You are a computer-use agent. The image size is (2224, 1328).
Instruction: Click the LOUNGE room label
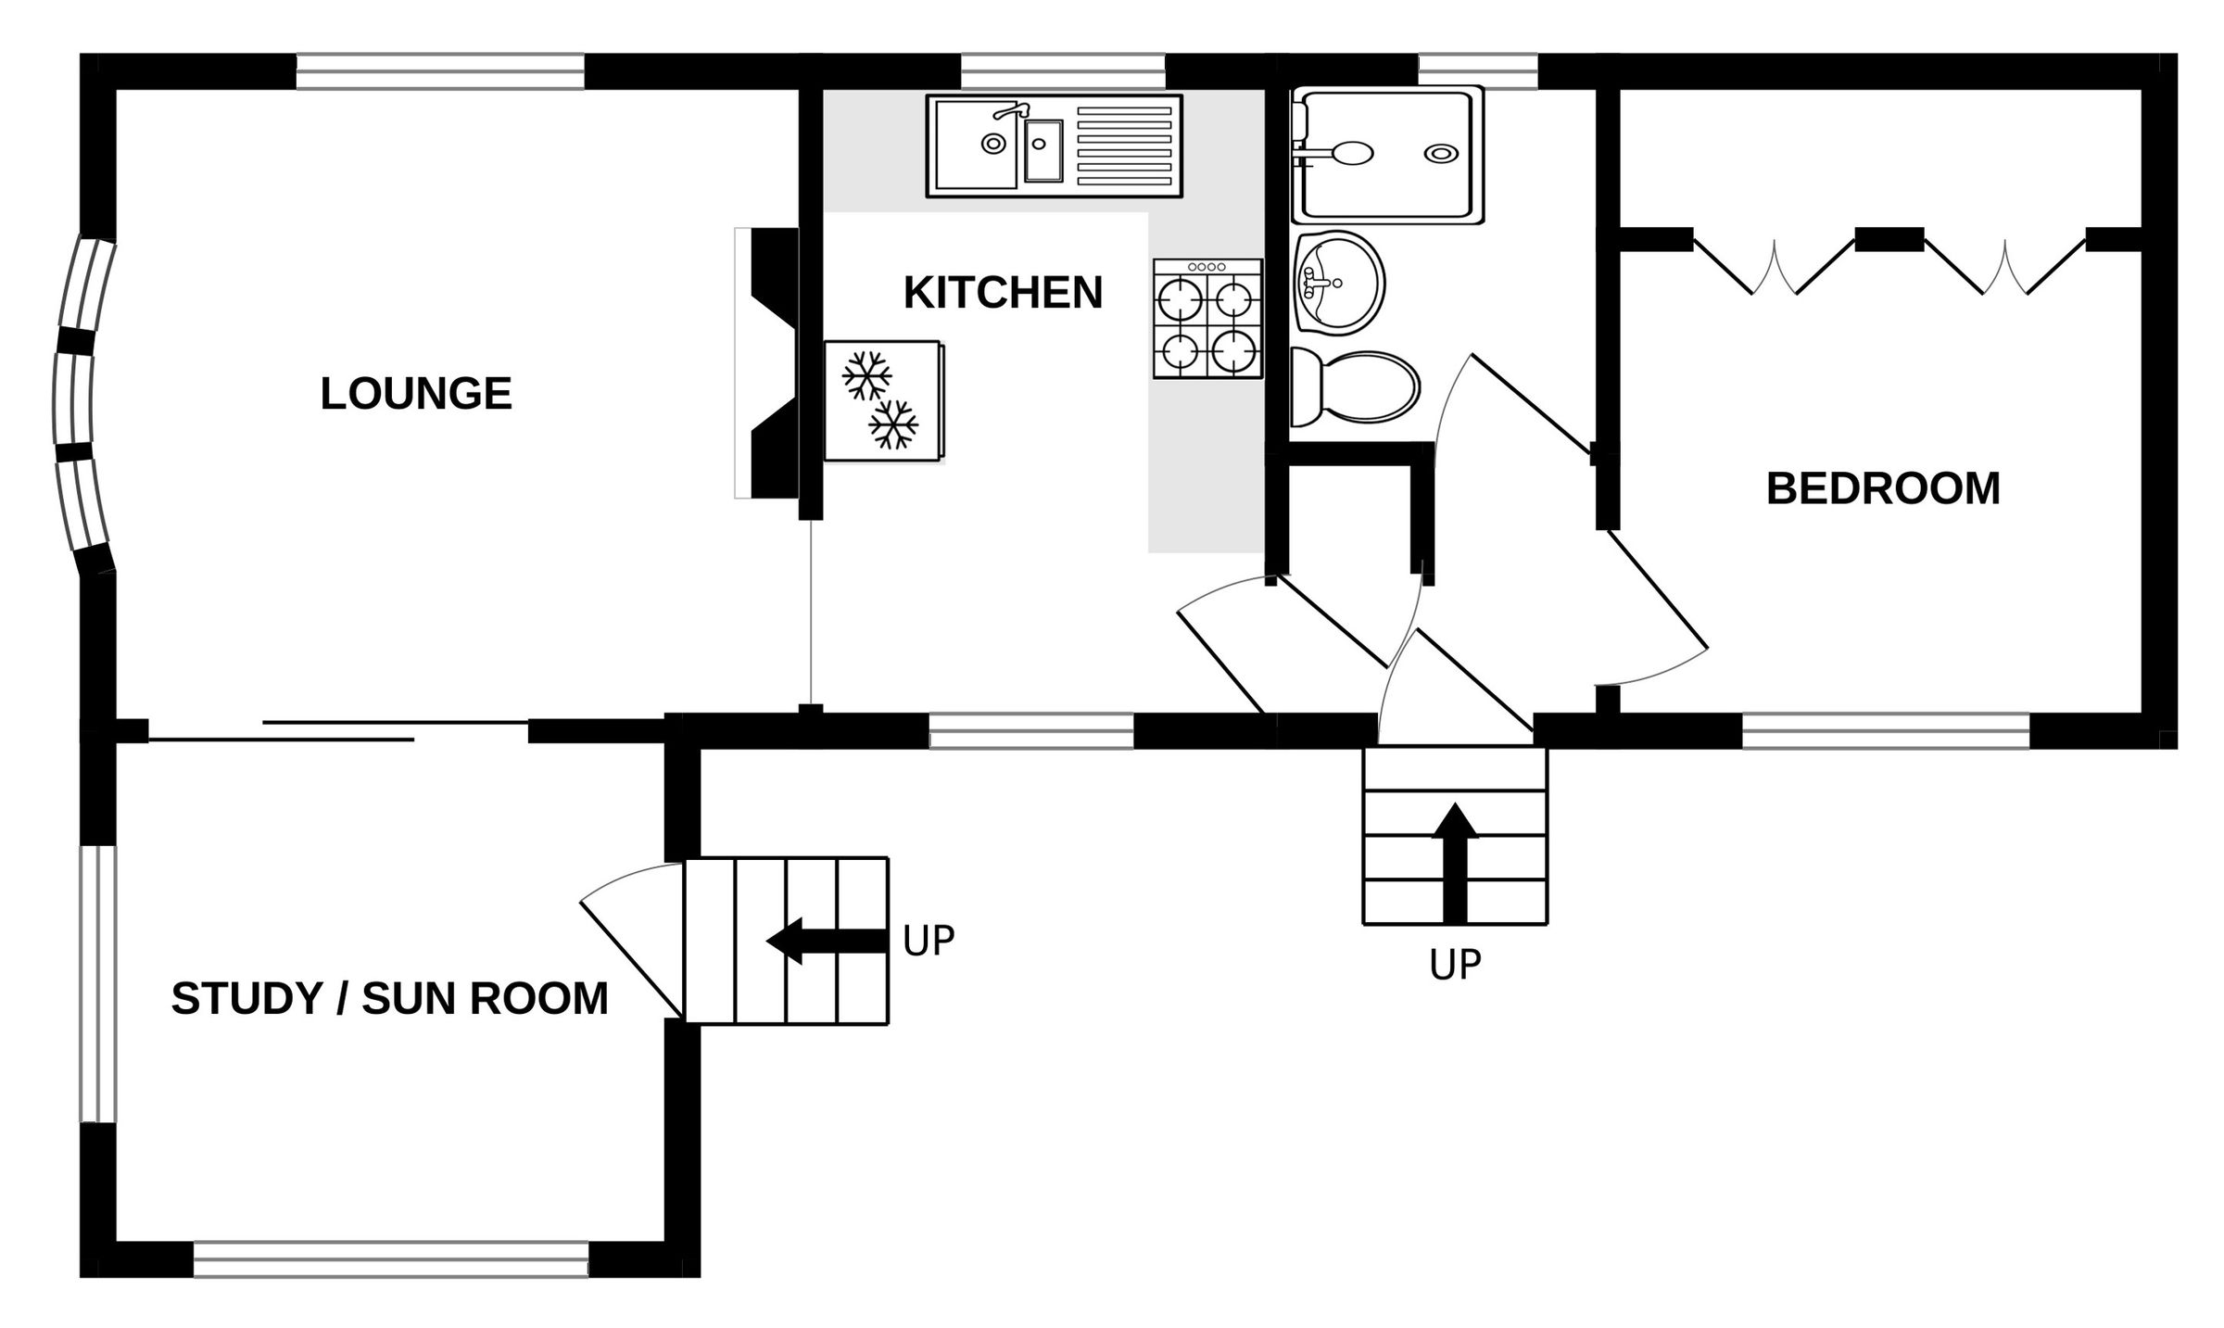[416, 394]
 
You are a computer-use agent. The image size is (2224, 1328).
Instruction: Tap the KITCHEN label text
[1003, 293]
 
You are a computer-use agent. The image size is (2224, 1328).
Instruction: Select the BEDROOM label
[1882, 488]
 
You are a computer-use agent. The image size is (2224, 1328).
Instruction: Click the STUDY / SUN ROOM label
[389, 999]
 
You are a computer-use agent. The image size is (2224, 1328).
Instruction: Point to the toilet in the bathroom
[1356, 387]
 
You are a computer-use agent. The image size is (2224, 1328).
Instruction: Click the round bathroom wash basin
[1339, 283]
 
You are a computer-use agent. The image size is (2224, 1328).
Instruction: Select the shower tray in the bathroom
[1387, 155]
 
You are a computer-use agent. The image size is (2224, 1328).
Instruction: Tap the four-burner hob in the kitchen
[1207, 319]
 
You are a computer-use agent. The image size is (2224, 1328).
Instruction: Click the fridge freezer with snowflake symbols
[883, 400]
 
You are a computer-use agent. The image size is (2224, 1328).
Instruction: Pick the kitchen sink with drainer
[1054, 145]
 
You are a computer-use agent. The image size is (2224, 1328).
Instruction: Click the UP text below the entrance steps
[1454, 966]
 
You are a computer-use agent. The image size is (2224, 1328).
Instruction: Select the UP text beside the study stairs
[928, 941]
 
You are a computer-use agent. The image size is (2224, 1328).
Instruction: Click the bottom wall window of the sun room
[390, 1260]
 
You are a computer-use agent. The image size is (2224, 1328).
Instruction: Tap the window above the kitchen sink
[1062, 70]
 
